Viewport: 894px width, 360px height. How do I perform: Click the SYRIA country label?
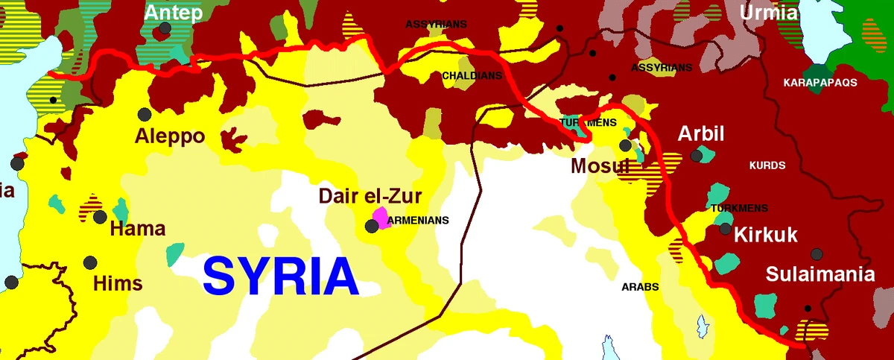click(281, 277)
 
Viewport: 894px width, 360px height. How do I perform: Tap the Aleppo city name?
click(170, 137)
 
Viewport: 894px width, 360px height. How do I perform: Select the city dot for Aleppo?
click(145, 115)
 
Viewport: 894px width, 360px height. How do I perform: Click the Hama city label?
click(138, 229)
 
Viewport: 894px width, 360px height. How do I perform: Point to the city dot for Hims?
click(90, 262)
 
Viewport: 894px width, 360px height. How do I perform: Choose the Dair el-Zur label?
click(370, 197)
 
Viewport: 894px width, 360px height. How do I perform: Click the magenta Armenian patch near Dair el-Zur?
click(381, 218)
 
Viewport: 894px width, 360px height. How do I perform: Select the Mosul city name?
click(600, 165)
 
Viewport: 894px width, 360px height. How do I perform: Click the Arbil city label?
click(700, 134)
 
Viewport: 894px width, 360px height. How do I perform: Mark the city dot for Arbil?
click(697, 155)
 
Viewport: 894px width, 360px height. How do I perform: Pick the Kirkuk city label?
click(766, 236)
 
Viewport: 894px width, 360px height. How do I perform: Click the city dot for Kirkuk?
click(725, 229)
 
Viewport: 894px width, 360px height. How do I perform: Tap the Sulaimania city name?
click(820, 275)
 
